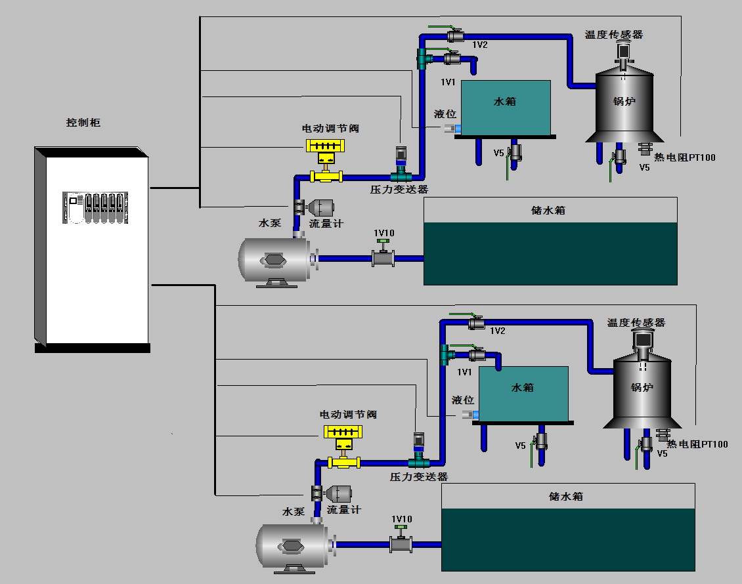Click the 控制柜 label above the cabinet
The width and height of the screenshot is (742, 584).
tap(83, 123)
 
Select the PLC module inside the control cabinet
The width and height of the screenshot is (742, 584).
tap(95, 207)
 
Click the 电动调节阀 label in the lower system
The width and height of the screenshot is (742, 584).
tap(348, 415)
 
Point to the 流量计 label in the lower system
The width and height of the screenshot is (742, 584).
tap(343, 509)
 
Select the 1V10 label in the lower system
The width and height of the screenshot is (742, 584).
tap(402, 519)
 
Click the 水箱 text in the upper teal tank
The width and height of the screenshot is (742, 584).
tap(504, 101)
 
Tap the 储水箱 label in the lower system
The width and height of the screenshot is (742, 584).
tap(565, 496)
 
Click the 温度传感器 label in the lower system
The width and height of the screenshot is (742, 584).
tap(636, 323)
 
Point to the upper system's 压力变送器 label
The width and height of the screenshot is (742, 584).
tap(399, 189)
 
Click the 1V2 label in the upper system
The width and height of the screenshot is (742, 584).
tap(480, 45)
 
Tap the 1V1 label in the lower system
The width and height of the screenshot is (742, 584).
tap(465, 372)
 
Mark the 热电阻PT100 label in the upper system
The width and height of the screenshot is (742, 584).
tap(685, 157)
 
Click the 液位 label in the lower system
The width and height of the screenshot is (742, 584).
tap(463, 400)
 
